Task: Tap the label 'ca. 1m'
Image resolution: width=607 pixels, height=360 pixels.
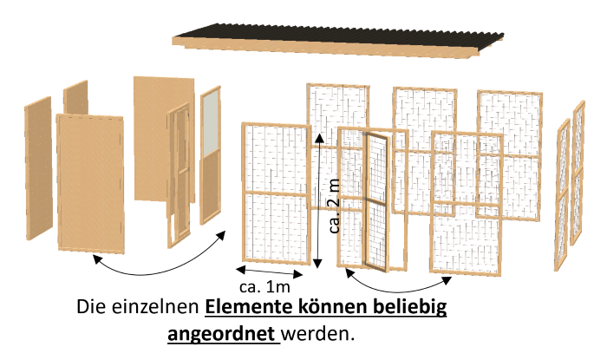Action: coord(264,285)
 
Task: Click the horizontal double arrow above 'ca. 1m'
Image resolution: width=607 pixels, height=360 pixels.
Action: coord(269,271)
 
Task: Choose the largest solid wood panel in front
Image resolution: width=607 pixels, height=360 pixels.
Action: coord(91,182)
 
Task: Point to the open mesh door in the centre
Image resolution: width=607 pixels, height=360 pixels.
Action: coord(375,200)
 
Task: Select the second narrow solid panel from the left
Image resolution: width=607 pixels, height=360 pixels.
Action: coord(76,100)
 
